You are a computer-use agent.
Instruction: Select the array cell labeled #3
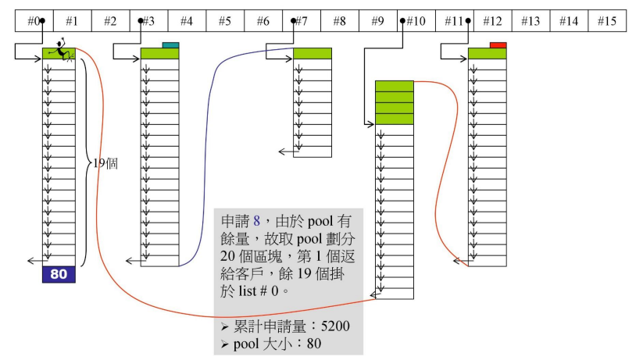[x=149, y=21]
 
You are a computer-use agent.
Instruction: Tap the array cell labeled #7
[x=302, y=21]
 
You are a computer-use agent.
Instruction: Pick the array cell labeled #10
[x=416, y=21]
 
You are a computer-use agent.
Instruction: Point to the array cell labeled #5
[x=225, y=21]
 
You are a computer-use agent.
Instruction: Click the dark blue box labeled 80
[x=59, y=274]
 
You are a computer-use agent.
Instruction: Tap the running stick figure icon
[x=59, y=50]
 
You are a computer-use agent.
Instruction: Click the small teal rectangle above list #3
[x=170, y=45]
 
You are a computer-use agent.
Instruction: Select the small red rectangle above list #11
[x=498, y=45]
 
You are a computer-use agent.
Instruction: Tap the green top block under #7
[x=313, y=53]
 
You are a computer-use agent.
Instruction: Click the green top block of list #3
[x=159, y=53]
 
